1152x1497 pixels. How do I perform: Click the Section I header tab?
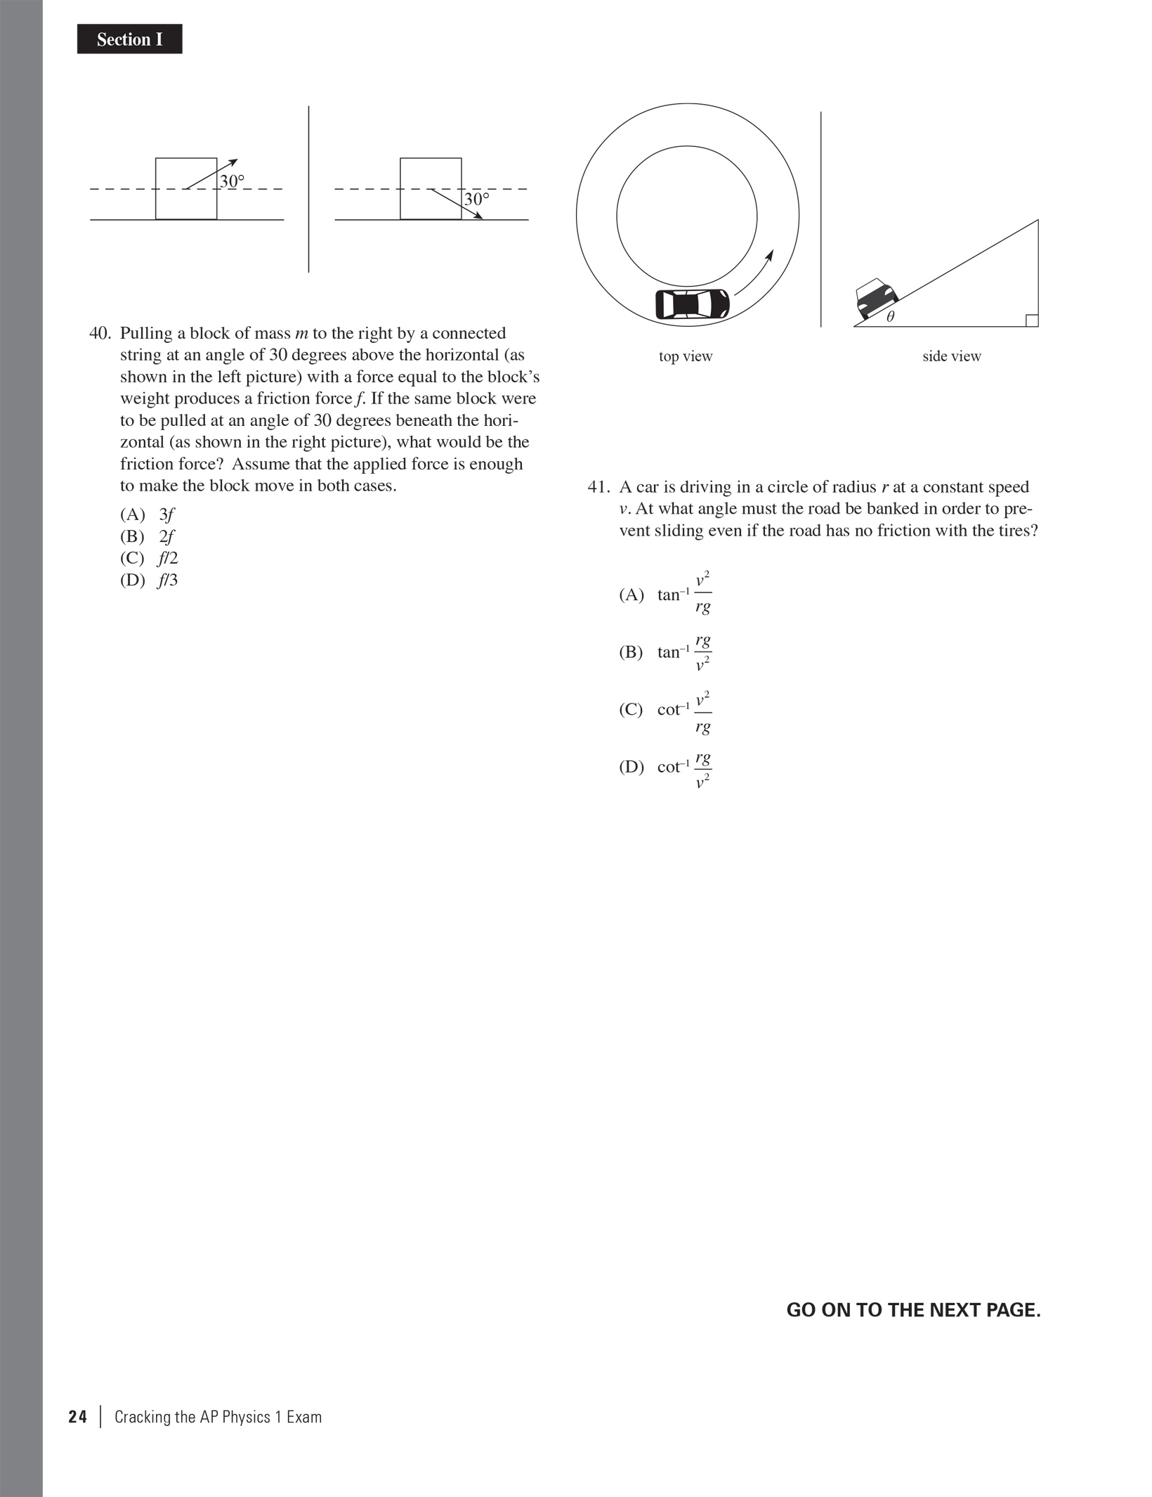(129, 39)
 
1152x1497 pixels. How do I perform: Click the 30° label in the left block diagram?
(232, 181)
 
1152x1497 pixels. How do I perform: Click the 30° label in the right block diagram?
(476, 200)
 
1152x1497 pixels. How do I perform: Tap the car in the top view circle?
(692, 304)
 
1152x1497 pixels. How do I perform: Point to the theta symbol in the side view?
(891, 317)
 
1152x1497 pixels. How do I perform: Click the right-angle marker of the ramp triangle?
(1031, 320)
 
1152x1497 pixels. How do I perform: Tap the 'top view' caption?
(686, 356)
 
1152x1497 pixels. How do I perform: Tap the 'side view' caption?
(951, 356)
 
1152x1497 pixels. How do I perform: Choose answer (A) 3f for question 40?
(148, 514)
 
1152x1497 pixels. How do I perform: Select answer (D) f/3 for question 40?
(149, 581)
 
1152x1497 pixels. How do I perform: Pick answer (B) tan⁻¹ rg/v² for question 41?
(665, 652)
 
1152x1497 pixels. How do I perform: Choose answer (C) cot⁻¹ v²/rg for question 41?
(665, 710)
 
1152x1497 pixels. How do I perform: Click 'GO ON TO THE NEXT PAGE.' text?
(913, 1310)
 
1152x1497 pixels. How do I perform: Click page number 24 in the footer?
(77, 1417)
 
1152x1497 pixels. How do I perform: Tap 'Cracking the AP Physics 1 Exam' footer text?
(218, 1417)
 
